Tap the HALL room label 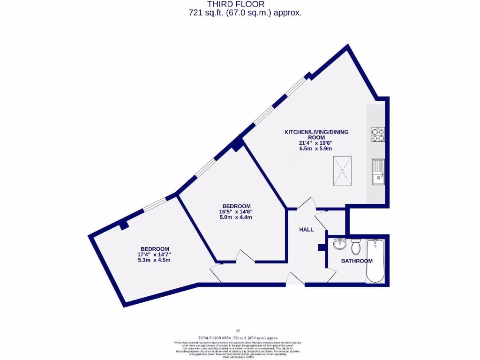tap(307, 230)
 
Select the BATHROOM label tap(357, 261)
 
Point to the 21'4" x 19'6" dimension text tap(316, 143)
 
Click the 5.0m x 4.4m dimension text tap(236, 217)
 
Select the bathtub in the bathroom tap(375, 261)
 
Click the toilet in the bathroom tap(355, 245)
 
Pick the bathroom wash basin tap(340, 244)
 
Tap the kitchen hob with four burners tap(378, 135)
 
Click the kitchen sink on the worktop tap(378, 172)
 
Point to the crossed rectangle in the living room tap(342, 172)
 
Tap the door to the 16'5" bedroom tap(245, 257)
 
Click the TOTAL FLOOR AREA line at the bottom tap(238, 337)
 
